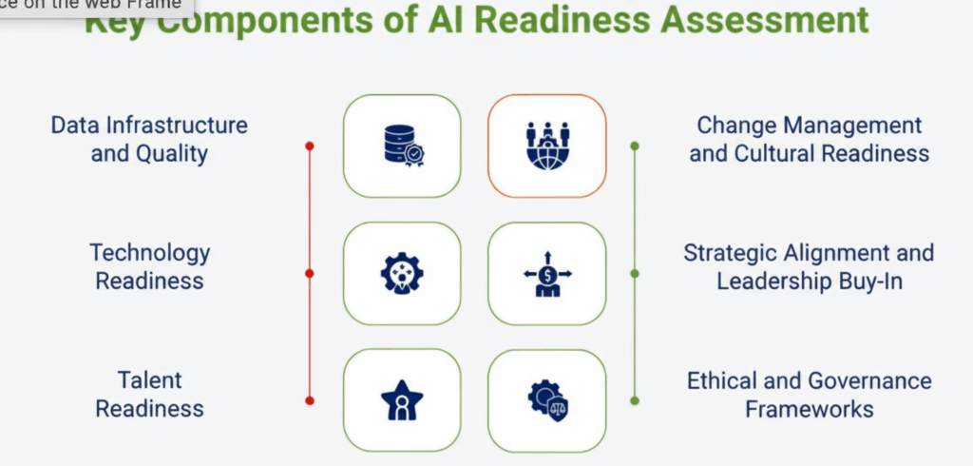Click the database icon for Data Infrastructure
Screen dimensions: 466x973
tap(402, 146)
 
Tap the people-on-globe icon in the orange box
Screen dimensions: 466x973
tap(546, 146)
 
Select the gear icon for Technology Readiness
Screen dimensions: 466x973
tap(402, 274)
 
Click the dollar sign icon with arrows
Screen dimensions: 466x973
tap(546, 274)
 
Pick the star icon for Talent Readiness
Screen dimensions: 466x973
tap(402, 400)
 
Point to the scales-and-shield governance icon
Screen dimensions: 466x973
tap(546, 400)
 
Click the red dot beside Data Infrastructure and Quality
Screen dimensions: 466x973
tap(310, 146)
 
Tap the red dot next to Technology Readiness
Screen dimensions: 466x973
tap(310, 274)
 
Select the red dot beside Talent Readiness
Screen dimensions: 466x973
tap(310, 400)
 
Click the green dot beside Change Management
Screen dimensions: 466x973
tap(635, 146)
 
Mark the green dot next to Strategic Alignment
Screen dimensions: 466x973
tap(635, 274)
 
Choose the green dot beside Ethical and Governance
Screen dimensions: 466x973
tap(635, 400)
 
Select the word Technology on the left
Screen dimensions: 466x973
tap(149, 253)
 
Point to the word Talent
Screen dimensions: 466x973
tap(149, 380)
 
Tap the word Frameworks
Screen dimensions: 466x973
tap(809, 409)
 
